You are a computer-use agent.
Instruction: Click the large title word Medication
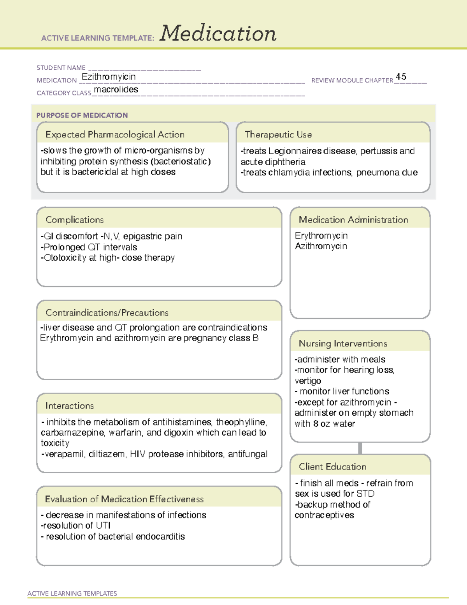tap(218, 34)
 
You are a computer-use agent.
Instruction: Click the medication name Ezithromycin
tap(109, 77)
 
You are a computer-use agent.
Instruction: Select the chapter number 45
tap(401, 76)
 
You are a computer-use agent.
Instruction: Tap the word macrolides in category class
tap(116, 90)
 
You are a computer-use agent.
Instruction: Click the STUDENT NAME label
tap(61, 68)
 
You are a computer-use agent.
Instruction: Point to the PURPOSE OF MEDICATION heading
tap(82, 115)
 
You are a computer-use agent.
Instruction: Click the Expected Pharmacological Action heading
tap(115, 135)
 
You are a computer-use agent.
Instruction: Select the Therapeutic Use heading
tap(278, 135)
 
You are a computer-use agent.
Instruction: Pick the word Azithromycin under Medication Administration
tap(321, 246)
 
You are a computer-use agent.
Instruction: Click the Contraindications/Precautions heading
tap(107, 313)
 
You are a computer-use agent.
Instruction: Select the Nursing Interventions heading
tap(342, 344)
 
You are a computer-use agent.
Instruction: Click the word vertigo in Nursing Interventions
tap(308, 381)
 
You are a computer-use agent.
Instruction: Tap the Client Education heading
tap(332, 467)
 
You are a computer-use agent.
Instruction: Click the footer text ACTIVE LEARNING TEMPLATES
tap(72, 593)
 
